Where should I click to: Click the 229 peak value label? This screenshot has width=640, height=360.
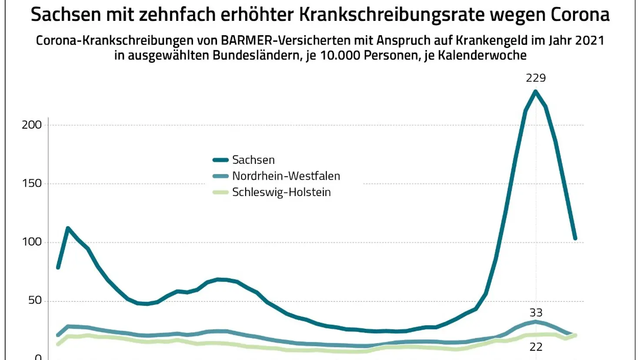click(536, 78)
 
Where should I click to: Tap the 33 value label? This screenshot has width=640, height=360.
click(536, 313)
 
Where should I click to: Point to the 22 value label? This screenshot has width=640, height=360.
click(536, 347)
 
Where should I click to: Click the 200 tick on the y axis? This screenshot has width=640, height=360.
click(32, 125)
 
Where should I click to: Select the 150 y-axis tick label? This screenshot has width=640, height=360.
click(32, 183)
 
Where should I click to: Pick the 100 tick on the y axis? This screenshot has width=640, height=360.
click(32, 242)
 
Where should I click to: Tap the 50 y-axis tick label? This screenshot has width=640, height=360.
click(35, 300)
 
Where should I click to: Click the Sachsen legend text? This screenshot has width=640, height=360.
click(253, 160)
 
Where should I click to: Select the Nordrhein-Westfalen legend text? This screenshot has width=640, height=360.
click(286, 176)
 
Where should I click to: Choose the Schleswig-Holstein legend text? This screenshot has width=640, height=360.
click(281, 192)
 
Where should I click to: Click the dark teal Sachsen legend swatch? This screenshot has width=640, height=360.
click(220, 160)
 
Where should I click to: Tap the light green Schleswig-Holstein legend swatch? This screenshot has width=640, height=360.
click(220, 192)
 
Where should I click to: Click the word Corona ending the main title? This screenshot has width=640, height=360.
click(580, 15)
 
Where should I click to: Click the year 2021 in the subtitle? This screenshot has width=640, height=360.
click(590, 40)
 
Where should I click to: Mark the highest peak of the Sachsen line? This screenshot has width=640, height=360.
click(536, 92)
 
